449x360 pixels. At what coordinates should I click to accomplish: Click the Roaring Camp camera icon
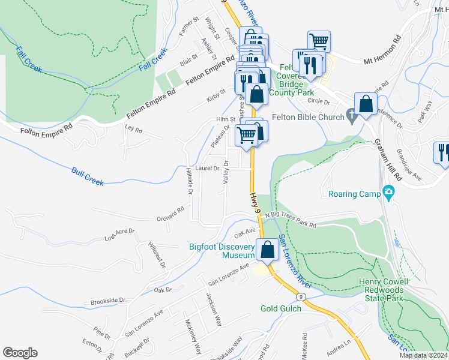click(389, 194)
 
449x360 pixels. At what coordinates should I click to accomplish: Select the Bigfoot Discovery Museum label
click(223, 250)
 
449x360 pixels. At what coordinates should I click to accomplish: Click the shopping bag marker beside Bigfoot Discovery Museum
click(267, 249)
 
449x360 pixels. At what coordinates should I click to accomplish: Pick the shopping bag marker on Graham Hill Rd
click(366, 104)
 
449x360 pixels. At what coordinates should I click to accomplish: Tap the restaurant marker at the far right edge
click(442, 152)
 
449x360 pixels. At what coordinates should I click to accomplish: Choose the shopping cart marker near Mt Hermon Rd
click(319, 41)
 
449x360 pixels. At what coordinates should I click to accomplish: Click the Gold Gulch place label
click(280, 308)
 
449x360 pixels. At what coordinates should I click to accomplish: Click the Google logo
click(20, 352)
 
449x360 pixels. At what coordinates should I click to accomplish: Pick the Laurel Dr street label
click(207, 169)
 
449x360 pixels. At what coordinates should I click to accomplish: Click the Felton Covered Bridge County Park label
click(292, 81)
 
